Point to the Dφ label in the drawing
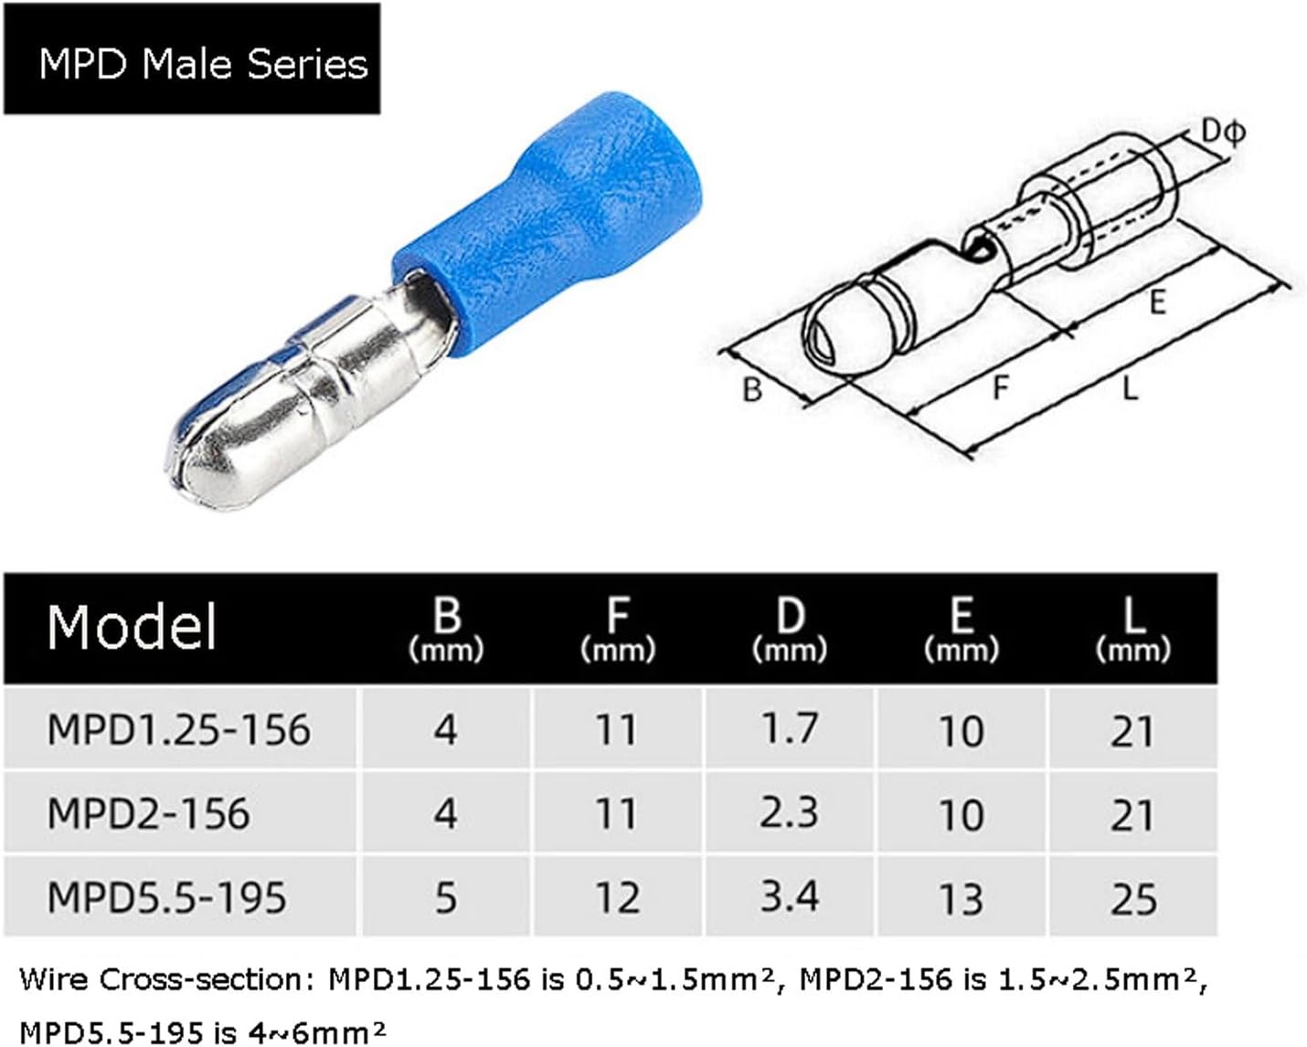coord(1221,132)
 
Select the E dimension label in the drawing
coord(1157,302)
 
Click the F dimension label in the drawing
coord(1002,388)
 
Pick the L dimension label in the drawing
coord(1130,389)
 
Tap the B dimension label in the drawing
coord(751,390)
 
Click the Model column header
coord(133,628)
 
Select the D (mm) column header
coord(789,629)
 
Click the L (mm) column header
coord(1132,629)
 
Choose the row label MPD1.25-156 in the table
coord(179,730)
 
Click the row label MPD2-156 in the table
coord(148,814)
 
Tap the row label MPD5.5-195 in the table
coord(166,897)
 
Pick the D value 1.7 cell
coord(789,729)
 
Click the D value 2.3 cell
coord(789,813)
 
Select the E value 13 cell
coord(961,898)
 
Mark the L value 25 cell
coord(1132,898)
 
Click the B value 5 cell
coord(445,898)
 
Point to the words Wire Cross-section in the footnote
coord(165,980)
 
